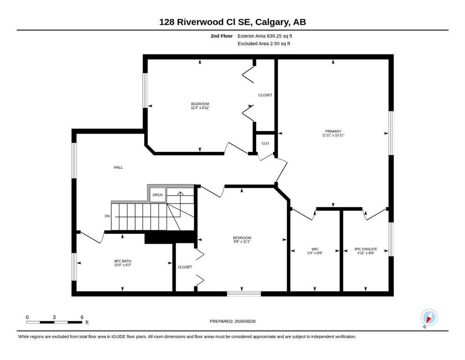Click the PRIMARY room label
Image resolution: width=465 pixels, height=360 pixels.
coord(333,131)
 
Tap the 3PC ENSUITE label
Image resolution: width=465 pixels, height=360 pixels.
coord(366,249)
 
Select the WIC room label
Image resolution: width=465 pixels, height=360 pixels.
coord(315,249)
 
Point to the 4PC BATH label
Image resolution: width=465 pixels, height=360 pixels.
coord(123,261)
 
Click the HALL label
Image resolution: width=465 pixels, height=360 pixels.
coord(118,167)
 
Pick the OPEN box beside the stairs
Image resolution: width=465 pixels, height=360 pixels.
coord(157,195)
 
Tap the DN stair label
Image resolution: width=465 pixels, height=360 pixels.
coord(107,216)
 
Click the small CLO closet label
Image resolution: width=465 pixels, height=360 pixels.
coord(265,143)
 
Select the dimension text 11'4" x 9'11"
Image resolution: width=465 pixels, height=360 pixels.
coord(200,108)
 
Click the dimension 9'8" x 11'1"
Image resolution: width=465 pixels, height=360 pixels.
coord(242,241)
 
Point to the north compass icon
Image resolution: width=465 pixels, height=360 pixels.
coord(429,318)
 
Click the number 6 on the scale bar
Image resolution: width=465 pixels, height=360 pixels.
coord(82,317)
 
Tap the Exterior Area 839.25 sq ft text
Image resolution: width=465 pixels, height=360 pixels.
coord(265,36)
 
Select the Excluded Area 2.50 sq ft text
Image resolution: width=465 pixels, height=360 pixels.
coord(264,44)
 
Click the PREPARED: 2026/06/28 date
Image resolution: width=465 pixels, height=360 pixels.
coord(232,321)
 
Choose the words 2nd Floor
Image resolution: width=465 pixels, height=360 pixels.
coord(221,36)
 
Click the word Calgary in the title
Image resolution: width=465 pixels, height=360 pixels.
coord(272,22)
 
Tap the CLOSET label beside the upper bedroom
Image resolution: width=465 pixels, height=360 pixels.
coord(265,95)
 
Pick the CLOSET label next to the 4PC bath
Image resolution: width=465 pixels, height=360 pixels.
coord(185,267)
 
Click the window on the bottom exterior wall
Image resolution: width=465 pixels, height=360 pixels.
coord(244,294)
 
